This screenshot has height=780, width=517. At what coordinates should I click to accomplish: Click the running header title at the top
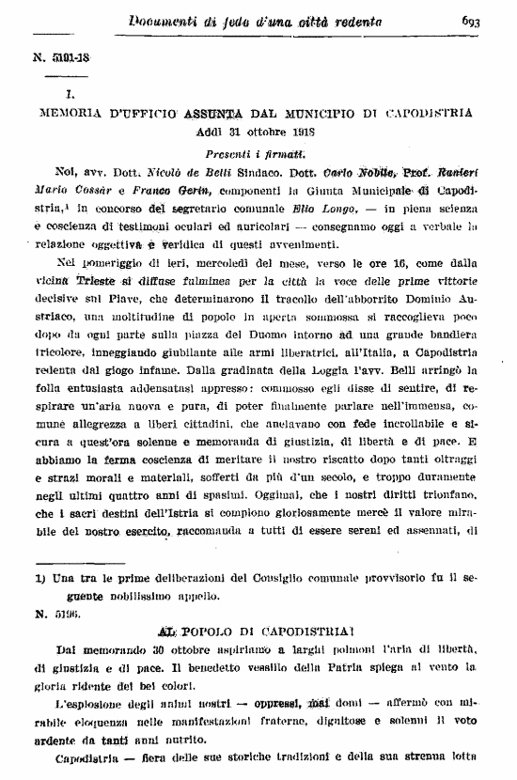pyautogui.click(x=256, y=23)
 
